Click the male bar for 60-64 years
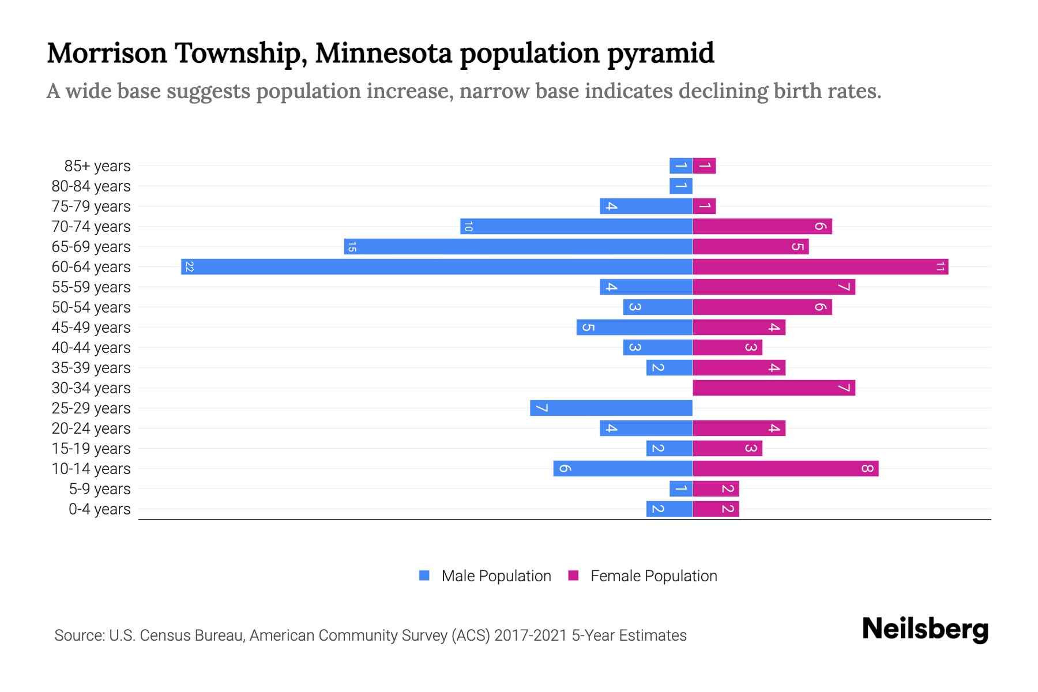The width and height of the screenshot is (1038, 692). [x=437, y=267]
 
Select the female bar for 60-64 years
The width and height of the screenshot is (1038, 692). [x=820, y=267]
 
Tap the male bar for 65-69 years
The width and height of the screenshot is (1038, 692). [x=518, y=247]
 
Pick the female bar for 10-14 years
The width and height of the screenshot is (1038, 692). [x=785, y=469]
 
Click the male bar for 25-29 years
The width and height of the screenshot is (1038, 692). [x=611, y=408]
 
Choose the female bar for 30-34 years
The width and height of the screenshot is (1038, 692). [x=773, y=388]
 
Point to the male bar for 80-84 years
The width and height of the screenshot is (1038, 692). [x=680, y=186]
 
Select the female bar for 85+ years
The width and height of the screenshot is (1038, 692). [x=704, y=166]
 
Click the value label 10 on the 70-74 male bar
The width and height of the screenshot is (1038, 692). [x=468, y=227]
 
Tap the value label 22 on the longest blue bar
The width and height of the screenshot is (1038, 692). [x=189, y=267]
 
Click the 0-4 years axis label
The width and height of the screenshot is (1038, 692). [x=99, y=509]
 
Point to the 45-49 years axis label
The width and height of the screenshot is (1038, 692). [x=91, y=328]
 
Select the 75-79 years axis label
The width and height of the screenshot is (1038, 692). [x=91, y=206]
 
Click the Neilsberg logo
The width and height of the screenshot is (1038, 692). [x=925, y=629]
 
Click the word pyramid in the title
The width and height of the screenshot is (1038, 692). [x=660, y=53]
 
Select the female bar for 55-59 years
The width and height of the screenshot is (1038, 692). [x=773, y=287]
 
